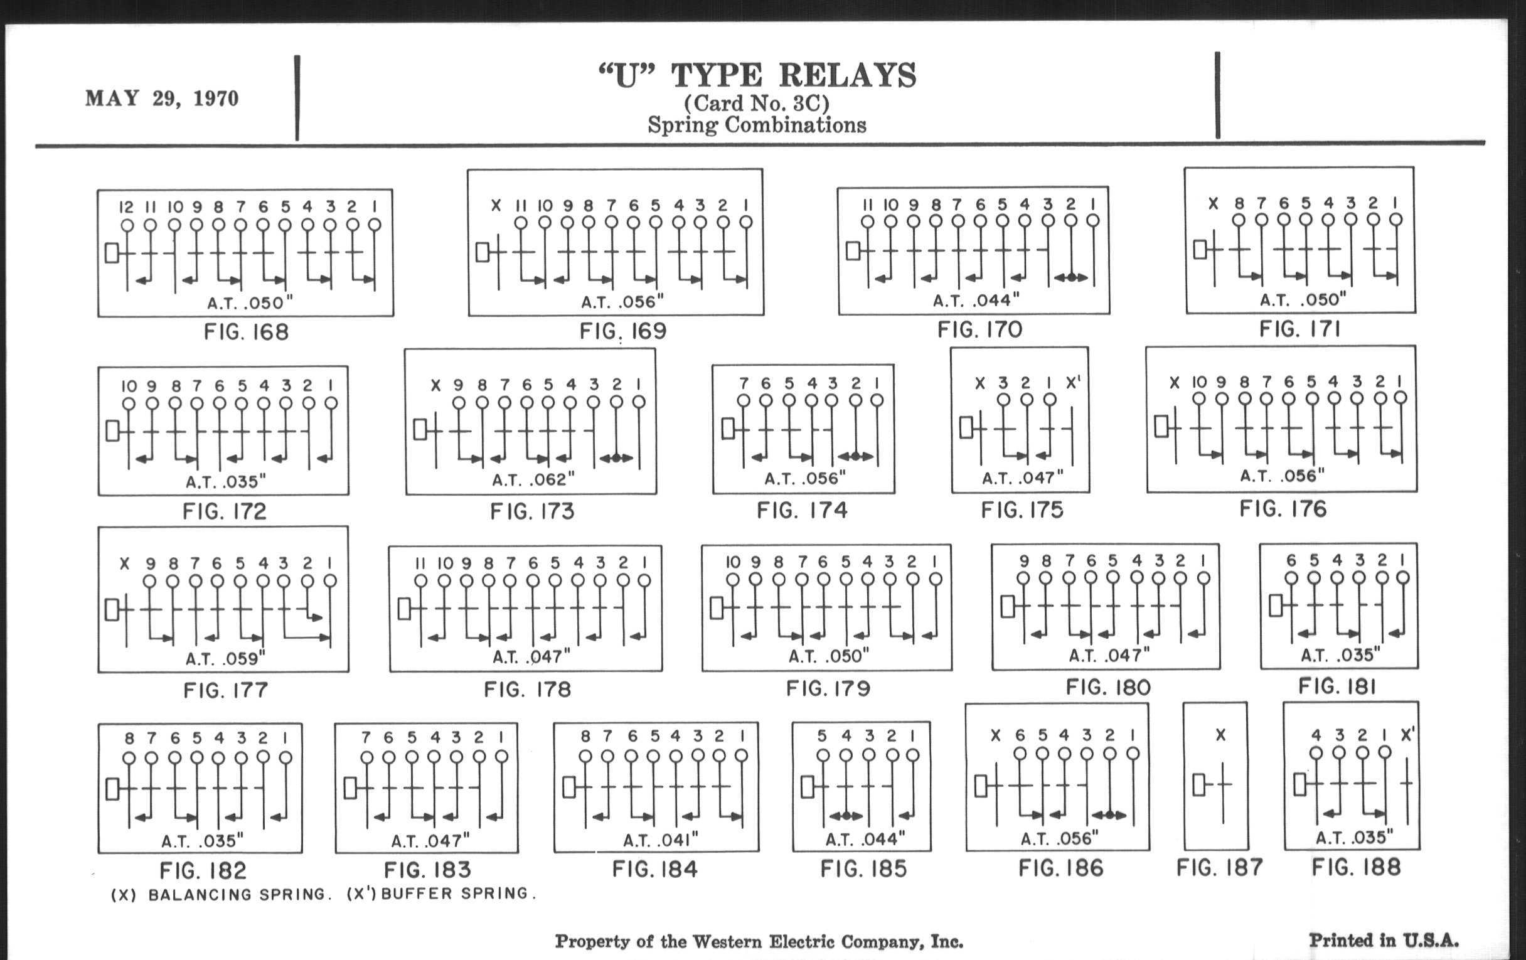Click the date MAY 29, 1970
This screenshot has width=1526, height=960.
pos(162,99)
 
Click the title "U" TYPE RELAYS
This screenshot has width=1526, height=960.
pos(757,75)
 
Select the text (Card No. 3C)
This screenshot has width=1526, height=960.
pos(757,104)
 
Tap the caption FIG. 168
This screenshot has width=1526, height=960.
pos(246,332)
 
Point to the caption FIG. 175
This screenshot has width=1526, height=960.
pos(1022,510)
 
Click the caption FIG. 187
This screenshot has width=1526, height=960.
pos(1219,868)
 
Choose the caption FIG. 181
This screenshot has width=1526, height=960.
pos(1337,686)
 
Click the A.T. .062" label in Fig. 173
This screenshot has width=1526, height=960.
pos(533,479)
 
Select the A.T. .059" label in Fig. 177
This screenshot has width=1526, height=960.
pos(225,659)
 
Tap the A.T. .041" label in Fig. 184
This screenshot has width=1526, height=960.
pos(659,840)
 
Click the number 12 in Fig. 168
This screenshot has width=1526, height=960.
pos(126,207)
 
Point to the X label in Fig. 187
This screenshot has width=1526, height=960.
pos(1220,735)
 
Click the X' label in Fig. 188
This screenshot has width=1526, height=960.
pos(1407,735)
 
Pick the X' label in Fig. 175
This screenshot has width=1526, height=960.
pos(1073,383)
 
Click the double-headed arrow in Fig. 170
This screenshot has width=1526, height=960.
pos(1070,277)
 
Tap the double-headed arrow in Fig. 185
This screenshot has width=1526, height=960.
pos(845,816)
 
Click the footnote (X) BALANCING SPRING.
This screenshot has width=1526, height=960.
pos(221,895)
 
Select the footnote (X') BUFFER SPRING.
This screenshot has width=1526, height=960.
pos(442,893)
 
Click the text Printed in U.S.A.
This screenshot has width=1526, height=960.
pos(1384,940)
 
